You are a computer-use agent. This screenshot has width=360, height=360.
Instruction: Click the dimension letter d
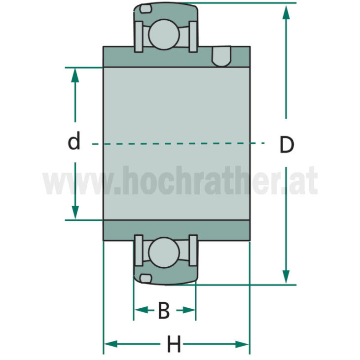pos(74,142)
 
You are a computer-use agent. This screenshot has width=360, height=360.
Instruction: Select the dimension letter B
pos(164,311)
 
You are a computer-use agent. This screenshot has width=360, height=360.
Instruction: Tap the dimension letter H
pos(174,344)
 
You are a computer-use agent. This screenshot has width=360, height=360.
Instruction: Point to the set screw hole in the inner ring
pos(221,56)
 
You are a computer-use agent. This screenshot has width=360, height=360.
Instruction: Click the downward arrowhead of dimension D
pos(286,276)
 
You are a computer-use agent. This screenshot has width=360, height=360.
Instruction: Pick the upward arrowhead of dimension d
pos(75,75)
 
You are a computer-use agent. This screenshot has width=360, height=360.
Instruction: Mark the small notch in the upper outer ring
pos(144,8)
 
